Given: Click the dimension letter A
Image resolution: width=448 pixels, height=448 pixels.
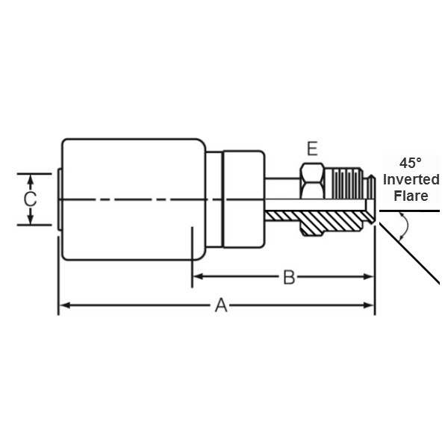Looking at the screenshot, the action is (x=221, y=305).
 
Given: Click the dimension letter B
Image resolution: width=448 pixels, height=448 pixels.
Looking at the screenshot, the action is (x=289, y=277).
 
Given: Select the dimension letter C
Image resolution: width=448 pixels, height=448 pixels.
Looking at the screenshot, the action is (x=30, y=199).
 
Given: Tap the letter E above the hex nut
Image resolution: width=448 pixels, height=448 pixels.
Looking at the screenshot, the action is (x=312, y=149).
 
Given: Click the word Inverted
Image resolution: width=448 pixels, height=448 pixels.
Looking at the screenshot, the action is (x=411, y=180).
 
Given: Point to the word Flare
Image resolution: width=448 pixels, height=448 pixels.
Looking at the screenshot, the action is (x=411, y=196).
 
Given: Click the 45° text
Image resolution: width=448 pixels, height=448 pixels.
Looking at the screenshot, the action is (x=410, y=164).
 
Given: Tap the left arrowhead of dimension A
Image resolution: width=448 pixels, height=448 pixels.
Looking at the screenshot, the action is (x=65, y=305).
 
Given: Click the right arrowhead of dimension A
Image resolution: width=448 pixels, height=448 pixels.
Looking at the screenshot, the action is (x=368, y=305).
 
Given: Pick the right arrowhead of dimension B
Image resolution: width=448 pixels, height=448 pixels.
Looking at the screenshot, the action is (x=368, y=276).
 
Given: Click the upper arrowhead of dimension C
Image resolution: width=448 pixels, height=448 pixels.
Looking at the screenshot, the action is (x=31, y=180).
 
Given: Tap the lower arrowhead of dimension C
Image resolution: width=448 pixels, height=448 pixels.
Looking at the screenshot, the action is (x=31, y=219).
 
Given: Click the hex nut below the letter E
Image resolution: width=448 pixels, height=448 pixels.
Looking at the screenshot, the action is (x=312, y=181).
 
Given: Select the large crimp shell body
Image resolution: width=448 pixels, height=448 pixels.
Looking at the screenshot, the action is (x=134, y=199).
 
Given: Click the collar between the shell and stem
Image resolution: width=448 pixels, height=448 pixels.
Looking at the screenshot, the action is (x=243, y=199).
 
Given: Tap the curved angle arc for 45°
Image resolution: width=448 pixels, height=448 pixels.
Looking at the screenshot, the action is (x=405, y=225).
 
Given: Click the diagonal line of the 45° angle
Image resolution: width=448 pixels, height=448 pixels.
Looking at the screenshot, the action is (x=409, y=253).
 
